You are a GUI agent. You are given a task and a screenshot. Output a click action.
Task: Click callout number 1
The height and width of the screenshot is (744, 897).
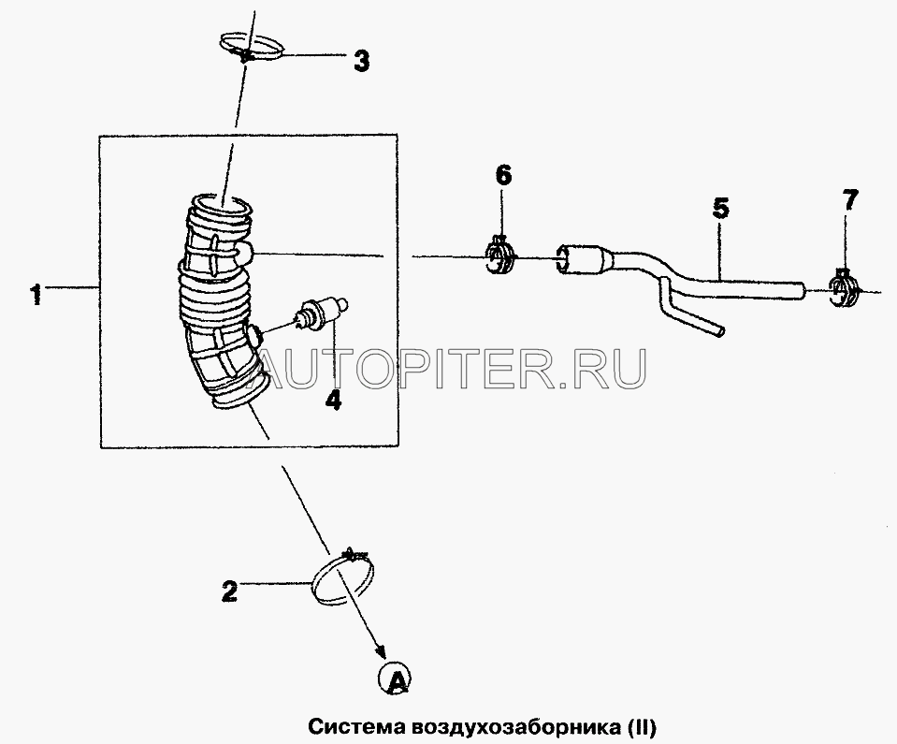[36, 295]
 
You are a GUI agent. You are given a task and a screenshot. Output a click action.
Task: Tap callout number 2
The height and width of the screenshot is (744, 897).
[229, 591]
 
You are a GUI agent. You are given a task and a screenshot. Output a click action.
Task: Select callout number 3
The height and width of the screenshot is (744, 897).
[361, 61]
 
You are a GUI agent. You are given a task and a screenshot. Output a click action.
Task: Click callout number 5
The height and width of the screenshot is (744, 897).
[721, 209]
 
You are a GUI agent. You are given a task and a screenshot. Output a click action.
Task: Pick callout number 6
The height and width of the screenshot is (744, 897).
[503, 176]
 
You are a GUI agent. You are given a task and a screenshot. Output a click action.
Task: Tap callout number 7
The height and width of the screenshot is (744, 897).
[849, 200]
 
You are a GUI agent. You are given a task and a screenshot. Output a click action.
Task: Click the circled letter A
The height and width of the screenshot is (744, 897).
[395, 679]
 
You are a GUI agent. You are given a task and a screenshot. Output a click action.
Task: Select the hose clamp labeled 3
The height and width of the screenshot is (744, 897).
[251, 47]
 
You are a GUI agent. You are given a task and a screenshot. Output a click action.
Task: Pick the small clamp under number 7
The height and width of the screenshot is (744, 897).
[844, 288]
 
